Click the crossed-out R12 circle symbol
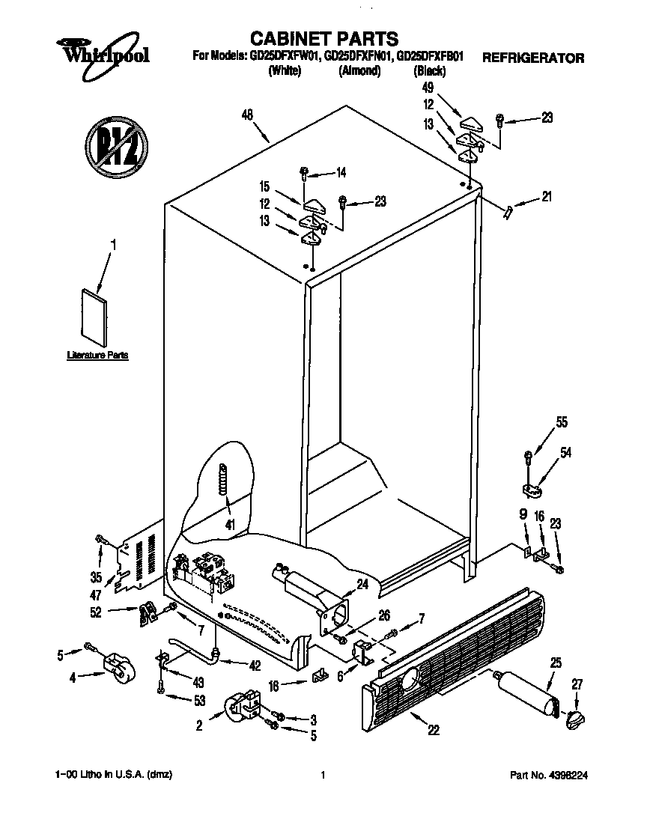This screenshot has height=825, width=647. tap(115, 145)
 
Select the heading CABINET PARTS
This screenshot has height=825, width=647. tap(323, 38)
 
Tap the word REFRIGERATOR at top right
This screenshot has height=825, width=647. tap(532, 58)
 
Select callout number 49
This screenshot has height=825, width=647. tap(429, 88)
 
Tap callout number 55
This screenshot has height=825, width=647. tap(561, 422)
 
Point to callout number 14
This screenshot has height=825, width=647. tap(341, 173)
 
